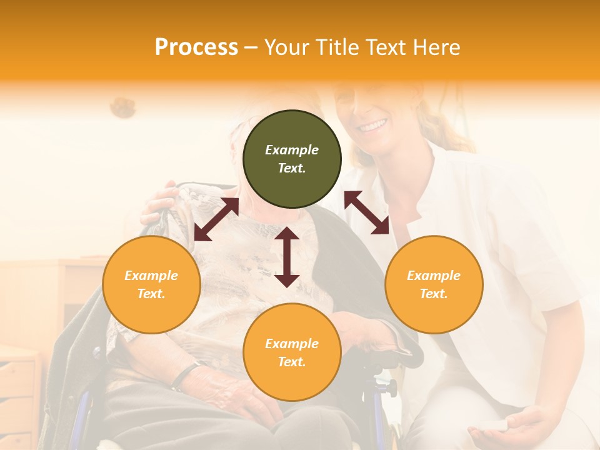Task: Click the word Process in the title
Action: pyautogui.click(x=196, y=47)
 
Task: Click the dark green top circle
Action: pyautogui.click(x=292, y=159)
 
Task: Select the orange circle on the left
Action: pyautogui.click(x=151, y=284)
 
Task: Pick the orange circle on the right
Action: pyautogui.click(x=434, y=284)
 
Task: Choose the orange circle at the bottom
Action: pyautogui.click(x=292, y=352)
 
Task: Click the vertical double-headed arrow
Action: pyautogui.click(x=287, y=257)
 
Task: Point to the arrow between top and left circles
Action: pyautogui.click(x=216, y=219)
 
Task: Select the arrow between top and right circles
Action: pyautogui.click(x=367, y=212)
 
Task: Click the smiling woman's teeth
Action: pyautogui.click(x=373, y=126)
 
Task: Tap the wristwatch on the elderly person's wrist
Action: pyautogui.click(x=182, y=376)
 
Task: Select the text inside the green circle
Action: pyautogui.click(x=292, y=159)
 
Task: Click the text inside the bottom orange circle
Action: pyautogui.click(x=292, y=352)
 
